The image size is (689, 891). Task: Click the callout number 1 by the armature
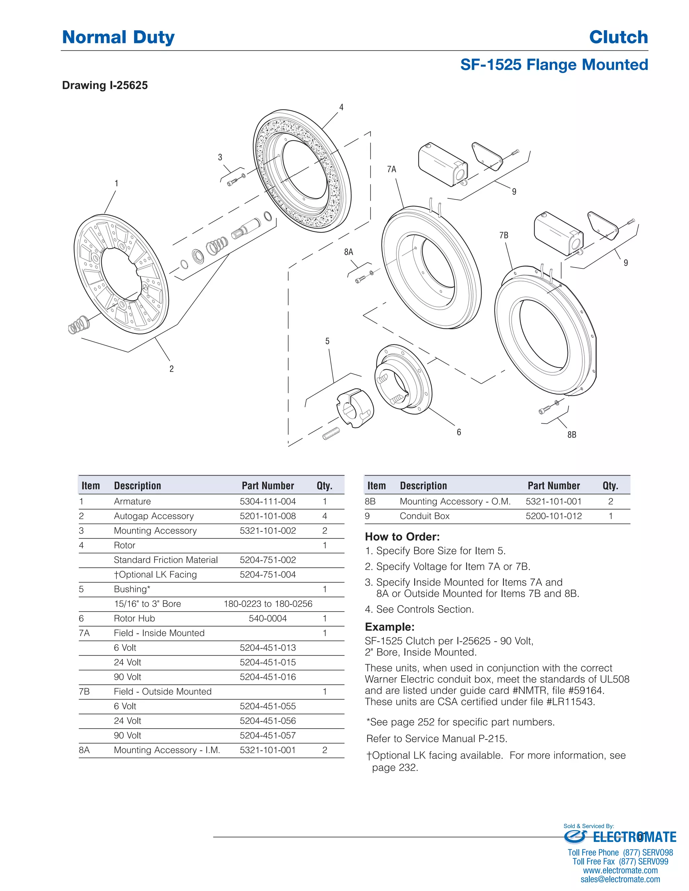(x=116, y=184)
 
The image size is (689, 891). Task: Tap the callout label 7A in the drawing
(x=392, y=169)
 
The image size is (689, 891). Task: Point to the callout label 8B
(x=572, y=435)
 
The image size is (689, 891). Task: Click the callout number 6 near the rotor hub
(x=459, y=432)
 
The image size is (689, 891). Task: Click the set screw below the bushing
(x=331, y=434)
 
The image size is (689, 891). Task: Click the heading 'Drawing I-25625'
(x=105, y=85)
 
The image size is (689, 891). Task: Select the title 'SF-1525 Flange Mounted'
(x=554, y=65)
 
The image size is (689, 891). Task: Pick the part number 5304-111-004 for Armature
(x=267, y=501)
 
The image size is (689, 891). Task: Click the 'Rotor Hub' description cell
(x=134, y=618)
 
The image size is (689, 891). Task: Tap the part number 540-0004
(x=267, y=618)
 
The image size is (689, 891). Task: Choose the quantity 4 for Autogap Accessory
(x=325, y=516)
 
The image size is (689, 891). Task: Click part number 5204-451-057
(x=267, y=736)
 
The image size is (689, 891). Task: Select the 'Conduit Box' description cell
(x=425, y=516)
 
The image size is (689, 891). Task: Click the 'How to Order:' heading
(x=402, y=537)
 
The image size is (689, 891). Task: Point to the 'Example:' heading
(x=389, y=627)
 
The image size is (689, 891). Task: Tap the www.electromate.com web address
(x=620, y=870)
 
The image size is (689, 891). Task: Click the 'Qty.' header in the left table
(x=325, y=486)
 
